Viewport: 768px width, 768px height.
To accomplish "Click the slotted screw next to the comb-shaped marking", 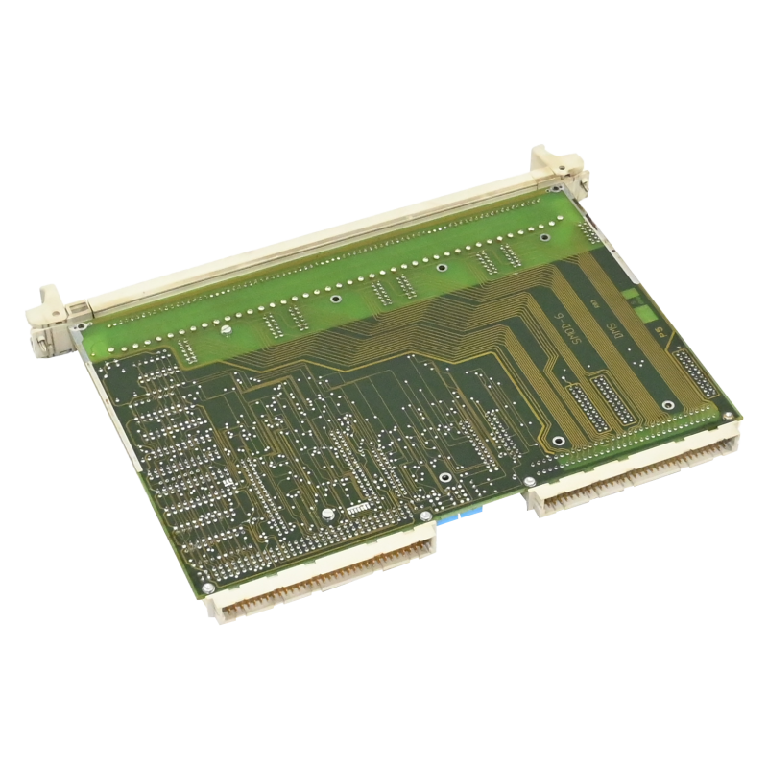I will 328,516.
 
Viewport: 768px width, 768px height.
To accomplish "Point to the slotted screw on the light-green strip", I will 223,329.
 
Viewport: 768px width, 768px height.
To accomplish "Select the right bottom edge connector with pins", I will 634,470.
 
